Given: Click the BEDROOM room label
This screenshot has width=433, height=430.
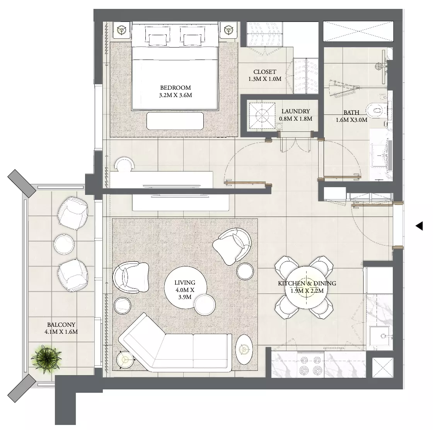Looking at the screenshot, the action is click(176, 87).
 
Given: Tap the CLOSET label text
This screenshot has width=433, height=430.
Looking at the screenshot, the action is click(264, 72).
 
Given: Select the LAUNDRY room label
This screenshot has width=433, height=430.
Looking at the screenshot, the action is click(295, 111).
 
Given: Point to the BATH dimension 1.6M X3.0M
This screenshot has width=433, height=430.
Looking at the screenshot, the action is click(351, 120).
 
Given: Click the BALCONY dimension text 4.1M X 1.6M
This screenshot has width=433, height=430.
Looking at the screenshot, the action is click(61, 332).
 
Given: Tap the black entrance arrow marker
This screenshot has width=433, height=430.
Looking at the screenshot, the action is click(419, 226).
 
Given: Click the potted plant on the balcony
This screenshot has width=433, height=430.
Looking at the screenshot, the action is click(46, 359).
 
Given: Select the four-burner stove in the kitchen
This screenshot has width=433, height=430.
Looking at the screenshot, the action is click(311, 365).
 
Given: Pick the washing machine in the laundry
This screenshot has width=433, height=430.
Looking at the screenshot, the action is click(263, 116).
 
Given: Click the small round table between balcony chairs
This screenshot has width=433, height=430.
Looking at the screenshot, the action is click(64, 244).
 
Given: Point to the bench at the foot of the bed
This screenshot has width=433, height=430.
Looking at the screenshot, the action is click(175, 121).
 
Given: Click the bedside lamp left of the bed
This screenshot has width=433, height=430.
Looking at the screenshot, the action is click(122, 29).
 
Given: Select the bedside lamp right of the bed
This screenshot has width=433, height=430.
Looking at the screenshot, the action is click(228, 29).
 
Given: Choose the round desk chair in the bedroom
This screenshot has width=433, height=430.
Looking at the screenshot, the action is click(124, 164).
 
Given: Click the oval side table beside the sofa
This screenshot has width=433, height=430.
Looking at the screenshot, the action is click(244, 349).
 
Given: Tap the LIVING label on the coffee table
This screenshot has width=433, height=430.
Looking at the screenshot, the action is click(185, 283).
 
